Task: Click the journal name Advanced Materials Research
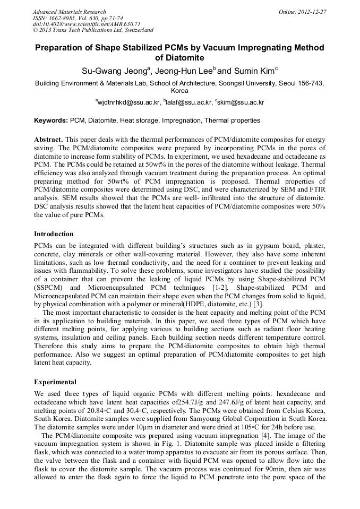pyautogui.click(x=69, y=12)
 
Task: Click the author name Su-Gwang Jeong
pyautogui.click(x=112, y=70)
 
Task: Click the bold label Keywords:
pyautogui.click(x=51, y=120)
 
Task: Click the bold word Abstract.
pyautogui.click(x=49, y=138)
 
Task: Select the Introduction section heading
pyautogui.click(x=54, y=234)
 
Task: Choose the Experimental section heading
pyautogui.click(x=55, y=382)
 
